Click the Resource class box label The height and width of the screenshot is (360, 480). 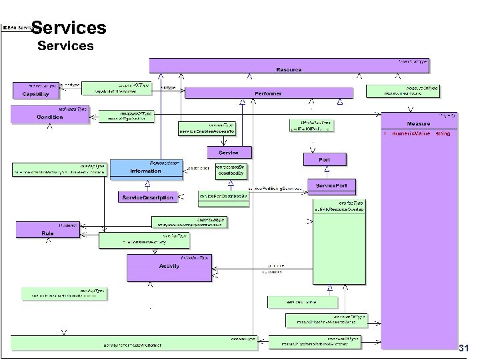tap(288, 69)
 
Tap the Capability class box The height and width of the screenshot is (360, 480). tap(33, 93)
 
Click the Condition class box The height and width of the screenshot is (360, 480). tap(49, 117)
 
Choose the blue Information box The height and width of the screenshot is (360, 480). tap(145, 171)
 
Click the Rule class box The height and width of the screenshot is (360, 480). tap(48, 232)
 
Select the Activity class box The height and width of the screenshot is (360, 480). tap(169, 266)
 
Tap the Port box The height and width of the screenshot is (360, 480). tap(324, 160)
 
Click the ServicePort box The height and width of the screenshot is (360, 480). tap(331, 185)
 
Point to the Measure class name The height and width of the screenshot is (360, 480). tap(418, 124)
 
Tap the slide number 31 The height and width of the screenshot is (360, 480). tap(464, 349)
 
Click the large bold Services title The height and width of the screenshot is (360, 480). tap(68, 28)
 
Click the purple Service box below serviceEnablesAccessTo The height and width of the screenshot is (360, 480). tap(223, 153)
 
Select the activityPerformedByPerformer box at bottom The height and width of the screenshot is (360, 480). tap(150, 344)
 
